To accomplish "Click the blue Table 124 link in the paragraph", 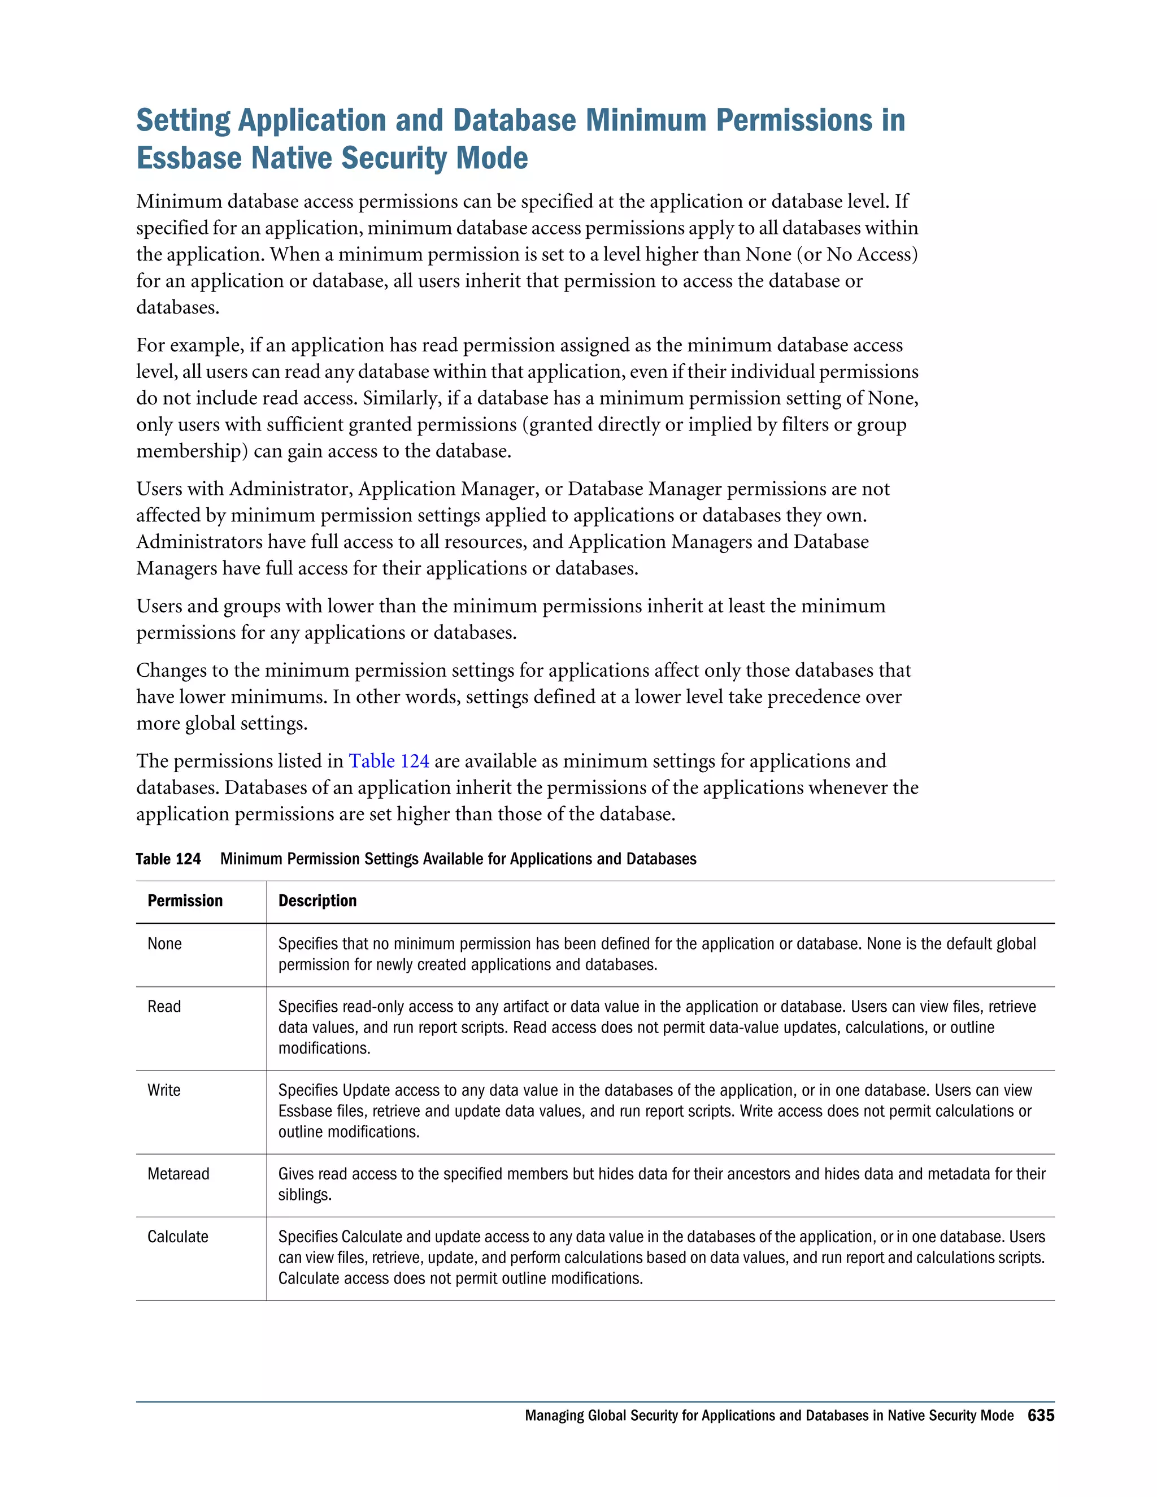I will point(389,761).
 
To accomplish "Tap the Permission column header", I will point(185,900).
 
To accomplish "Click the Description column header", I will point(317,900).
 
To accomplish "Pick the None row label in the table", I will point(164,944).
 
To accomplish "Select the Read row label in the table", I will point(164,1007).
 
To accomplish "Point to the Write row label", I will point(164,1090).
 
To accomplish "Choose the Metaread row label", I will point(178,1174).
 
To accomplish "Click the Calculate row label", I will point(177,1237).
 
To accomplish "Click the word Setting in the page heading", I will point(183,121).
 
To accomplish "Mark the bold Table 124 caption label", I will point(168,859).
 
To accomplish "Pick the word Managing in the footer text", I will point(554,1416).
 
